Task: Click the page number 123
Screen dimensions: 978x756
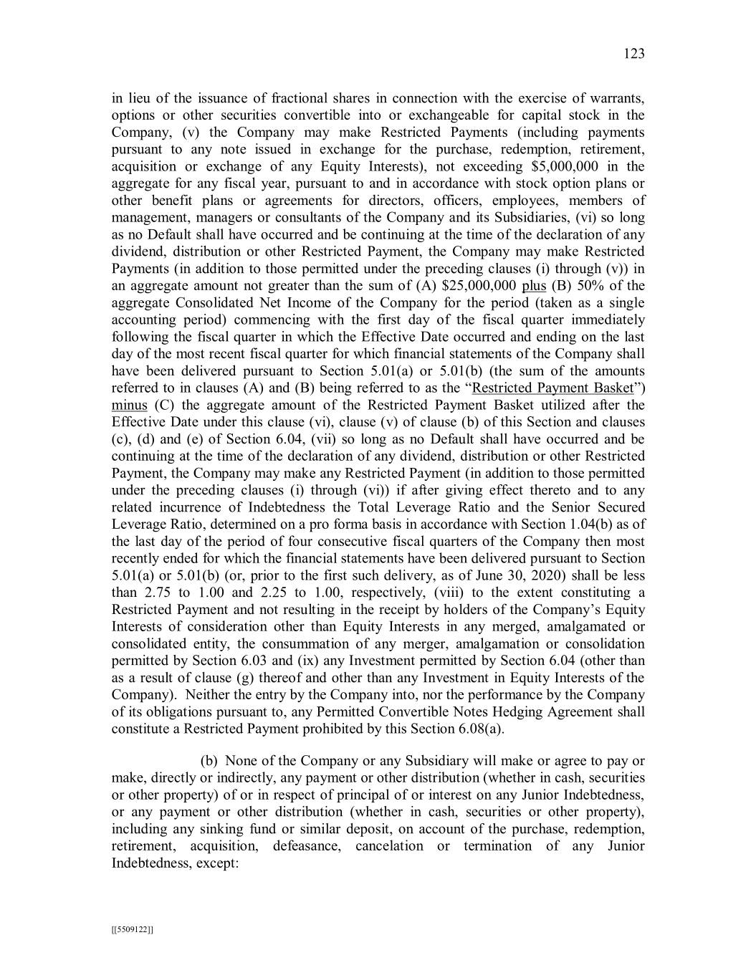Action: click(x=634, y=54)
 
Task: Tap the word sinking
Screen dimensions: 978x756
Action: click(x=198, y=829)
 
